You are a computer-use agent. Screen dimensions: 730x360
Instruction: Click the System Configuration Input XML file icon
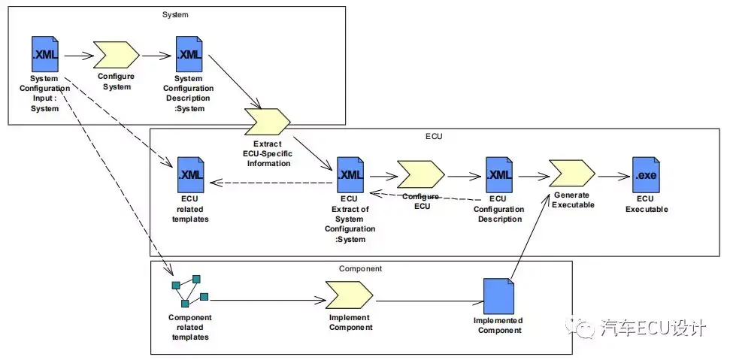pos(44,54)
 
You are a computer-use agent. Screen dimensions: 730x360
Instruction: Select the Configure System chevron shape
pos(117,54)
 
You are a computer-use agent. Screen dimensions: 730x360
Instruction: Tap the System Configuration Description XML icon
pos(189,54)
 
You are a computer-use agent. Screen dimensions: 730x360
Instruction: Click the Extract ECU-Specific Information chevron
pos(268,122)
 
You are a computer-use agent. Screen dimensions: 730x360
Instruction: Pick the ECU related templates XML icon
pos(190,174)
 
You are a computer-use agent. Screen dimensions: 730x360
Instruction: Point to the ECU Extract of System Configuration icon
pos(350,174)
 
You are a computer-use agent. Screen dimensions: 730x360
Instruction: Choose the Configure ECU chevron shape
pos(421,174)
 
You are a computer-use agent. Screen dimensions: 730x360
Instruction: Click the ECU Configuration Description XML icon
pos(499,174)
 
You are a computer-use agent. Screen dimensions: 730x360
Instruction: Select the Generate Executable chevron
pos(572,174)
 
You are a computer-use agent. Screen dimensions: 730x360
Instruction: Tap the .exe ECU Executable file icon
pos(647,174)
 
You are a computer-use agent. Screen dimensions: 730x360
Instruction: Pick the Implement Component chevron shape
pos(349,295)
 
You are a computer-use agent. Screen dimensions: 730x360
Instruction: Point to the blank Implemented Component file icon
pos(498,296)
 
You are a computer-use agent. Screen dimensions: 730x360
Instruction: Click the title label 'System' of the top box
pos(175,14)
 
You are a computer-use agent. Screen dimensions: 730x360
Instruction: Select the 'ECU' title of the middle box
pos(434,137)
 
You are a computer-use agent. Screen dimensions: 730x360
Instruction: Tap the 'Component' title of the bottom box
pos(360,269)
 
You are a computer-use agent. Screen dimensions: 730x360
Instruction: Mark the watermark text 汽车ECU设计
pos(653,327)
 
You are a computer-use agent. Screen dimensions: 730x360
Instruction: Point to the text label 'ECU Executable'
pos(647,204)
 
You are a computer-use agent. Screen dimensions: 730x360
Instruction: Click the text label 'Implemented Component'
pos(498,325)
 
